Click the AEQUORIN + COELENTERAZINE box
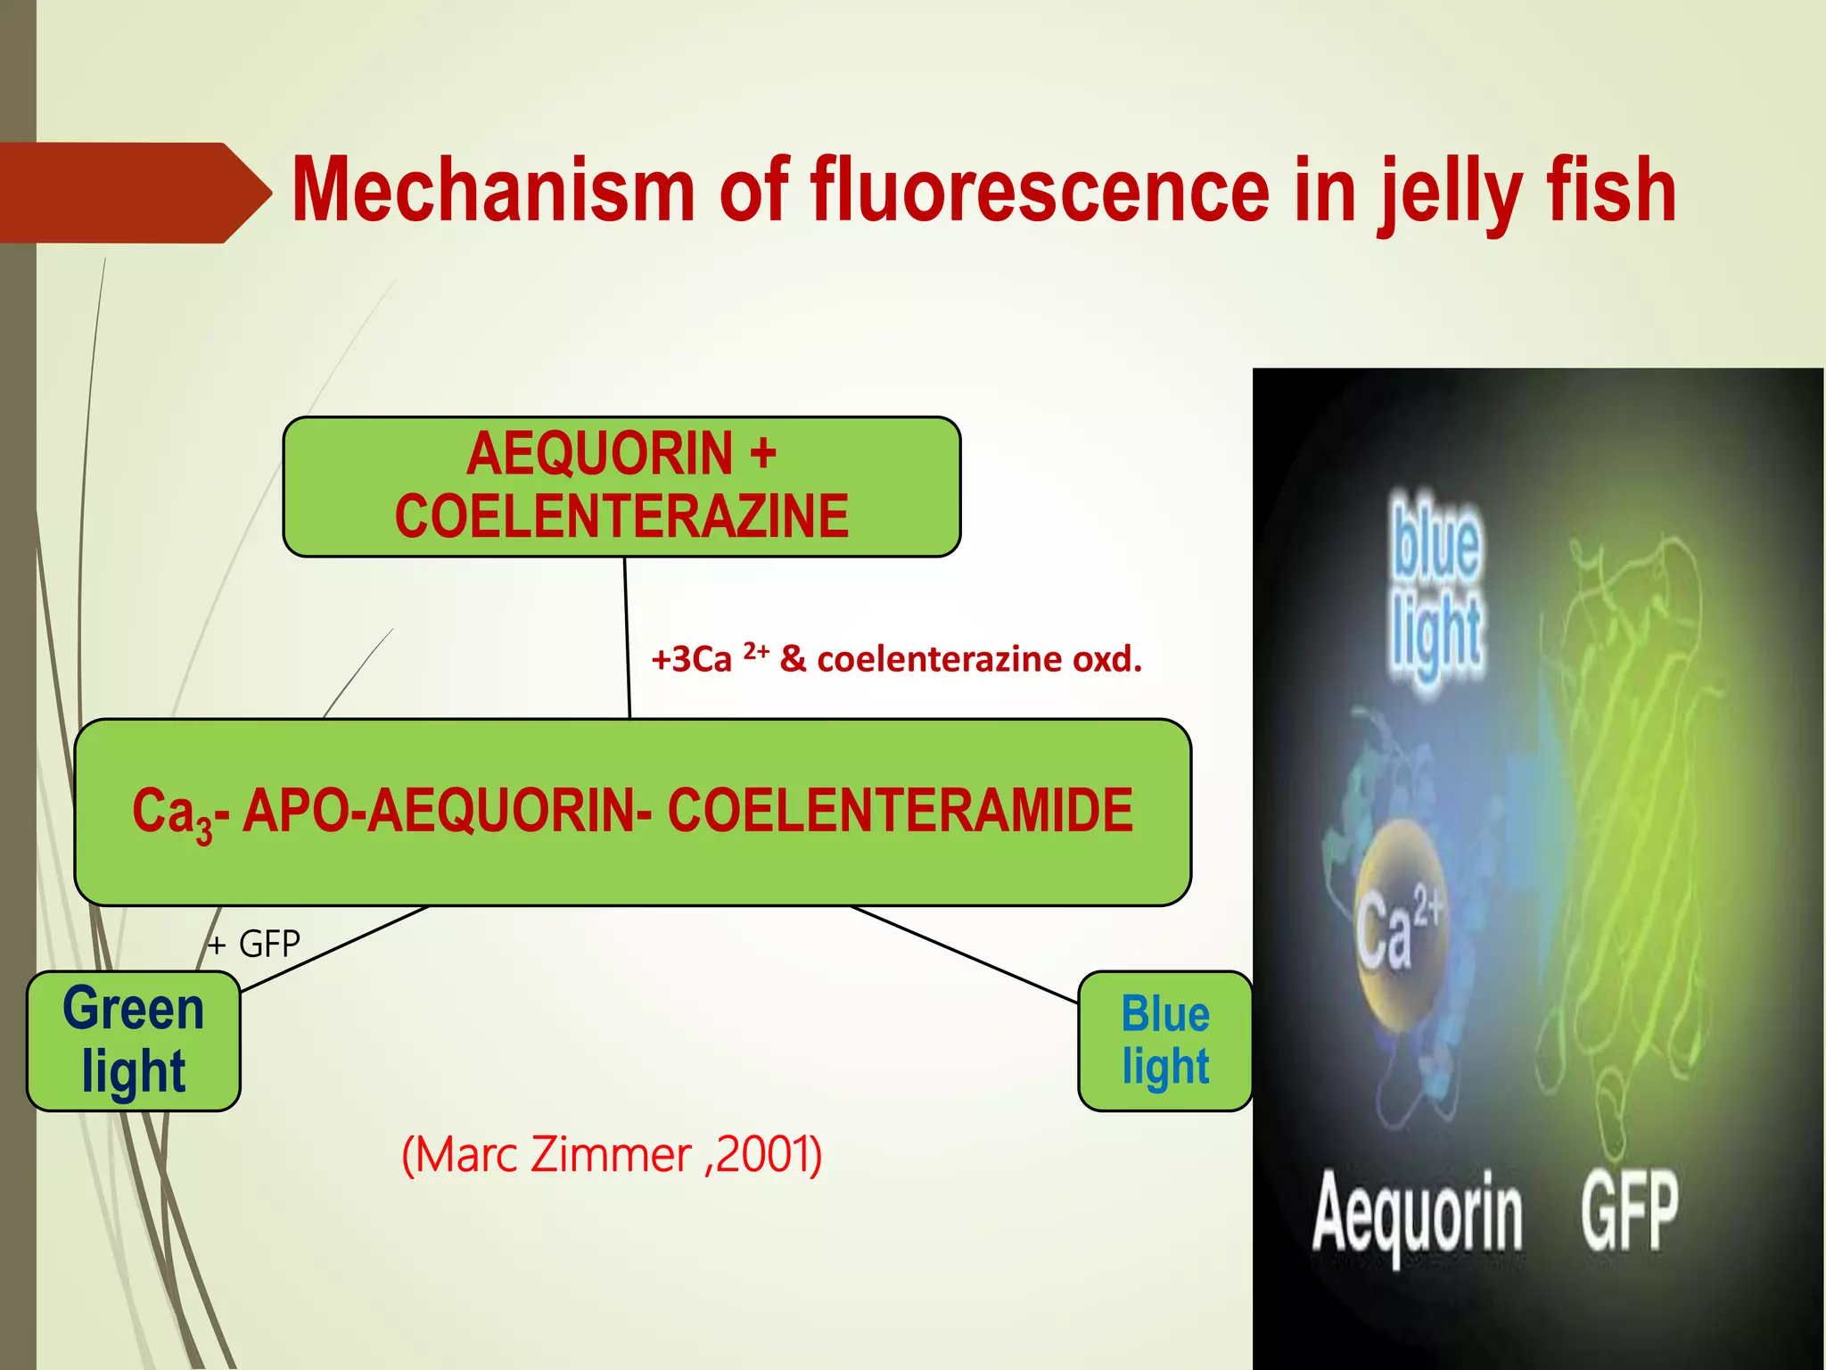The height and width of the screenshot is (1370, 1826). (621, 486)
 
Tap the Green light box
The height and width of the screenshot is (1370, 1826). (134, 1040)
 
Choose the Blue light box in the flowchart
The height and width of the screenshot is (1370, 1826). (1164, 1040)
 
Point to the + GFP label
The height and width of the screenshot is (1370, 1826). (254, 944)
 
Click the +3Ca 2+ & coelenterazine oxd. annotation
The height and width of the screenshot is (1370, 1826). (896, 659)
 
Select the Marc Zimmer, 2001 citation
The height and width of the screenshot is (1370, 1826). (612, 1154)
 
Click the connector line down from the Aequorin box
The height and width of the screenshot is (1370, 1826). (627, 638)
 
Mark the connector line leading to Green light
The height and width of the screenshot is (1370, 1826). (334, 948)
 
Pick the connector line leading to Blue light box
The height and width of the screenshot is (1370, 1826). (963, 954)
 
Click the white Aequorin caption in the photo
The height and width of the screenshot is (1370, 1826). (1417, 1215)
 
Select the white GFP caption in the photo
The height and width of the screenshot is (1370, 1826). (1629, 1211)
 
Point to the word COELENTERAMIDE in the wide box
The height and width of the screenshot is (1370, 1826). (900, 811)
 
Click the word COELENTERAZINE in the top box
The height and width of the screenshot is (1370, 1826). (621, 516)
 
